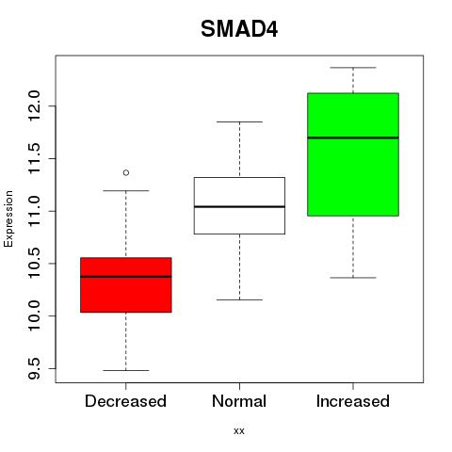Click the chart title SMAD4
click(239, 29)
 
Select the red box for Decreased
click(126, 285)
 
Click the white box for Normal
click(239, 205)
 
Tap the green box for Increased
click(353, 154)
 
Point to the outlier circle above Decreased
click(126, 172)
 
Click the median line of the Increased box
click(353, 137)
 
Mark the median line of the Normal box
click(239, 206)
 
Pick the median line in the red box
click(126, 277)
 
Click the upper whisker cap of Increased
click(353, 68)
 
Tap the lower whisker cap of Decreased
click(126, 370)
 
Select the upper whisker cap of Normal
click(239, 121)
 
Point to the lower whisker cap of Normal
click(239, 299)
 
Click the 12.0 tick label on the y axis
click(34, 106)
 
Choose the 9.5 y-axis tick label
click(34, 368)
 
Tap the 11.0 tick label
click(34, 211)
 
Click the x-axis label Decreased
click(125, 401)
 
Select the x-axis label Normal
click(239, 401)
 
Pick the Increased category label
click(353, 401)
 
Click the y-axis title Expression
click(8, 218)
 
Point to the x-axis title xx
click(239, 431)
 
